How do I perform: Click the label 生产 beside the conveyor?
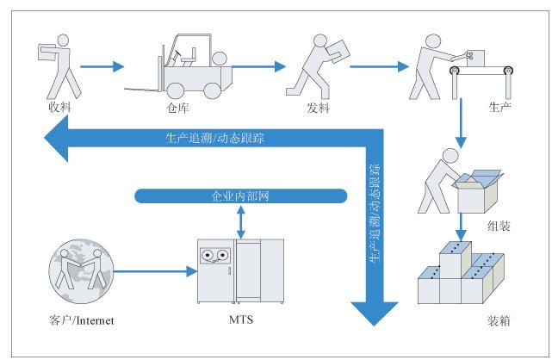(x=499, y=107)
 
